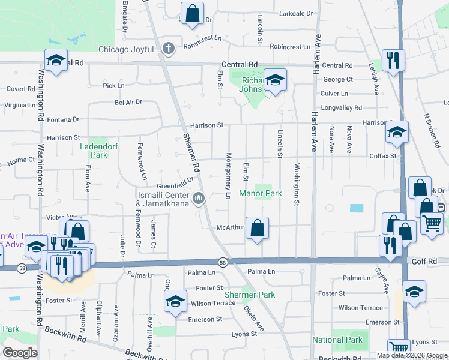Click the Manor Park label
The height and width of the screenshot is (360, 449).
[260, 194]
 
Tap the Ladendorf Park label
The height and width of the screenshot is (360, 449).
[94, 151]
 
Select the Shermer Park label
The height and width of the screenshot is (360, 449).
[250, 295]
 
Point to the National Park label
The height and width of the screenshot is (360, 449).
[337, 340]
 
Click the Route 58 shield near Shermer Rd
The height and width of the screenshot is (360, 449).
[223, 262]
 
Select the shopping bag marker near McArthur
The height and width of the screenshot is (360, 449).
[257, 228]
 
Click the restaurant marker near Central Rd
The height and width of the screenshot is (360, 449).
[393, 60]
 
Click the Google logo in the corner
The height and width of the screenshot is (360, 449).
[20, 353]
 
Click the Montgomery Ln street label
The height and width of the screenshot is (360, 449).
[228, 175]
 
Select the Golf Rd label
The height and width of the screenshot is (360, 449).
[423, 262]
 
